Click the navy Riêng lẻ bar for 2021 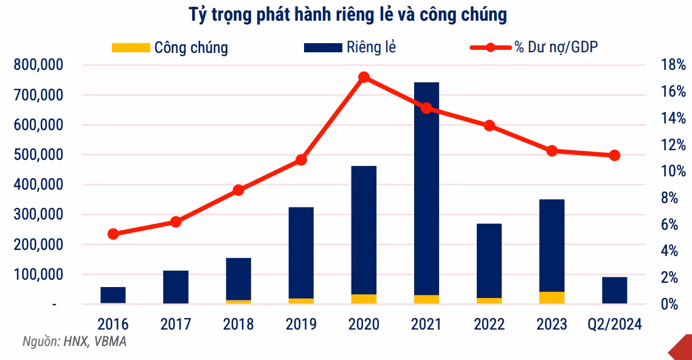[x=426, y=189]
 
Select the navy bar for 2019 [x=301, y=252]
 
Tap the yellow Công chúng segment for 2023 [x=552, y=298]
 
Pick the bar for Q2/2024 [x=614, y=290]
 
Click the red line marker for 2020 [x=364, y=77]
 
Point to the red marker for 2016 [x=113, y=234]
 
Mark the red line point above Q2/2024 [x=614, y=156]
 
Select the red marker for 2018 [x=238, y=190]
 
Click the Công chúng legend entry [x=170, y=47]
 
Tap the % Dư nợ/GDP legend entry [x=535, y=47]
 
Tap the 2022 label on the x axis [x=489, y=324]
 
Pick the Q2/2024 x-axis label [x=614, y=324]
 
